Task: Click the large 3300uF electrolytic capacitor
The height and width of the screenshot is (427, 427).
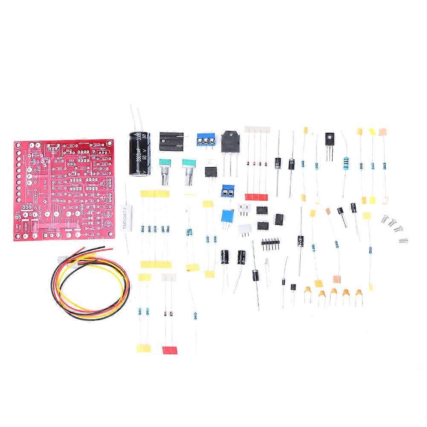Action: click(139, 153)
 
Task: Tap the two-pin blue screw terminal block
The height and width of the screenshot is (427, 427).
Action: click(229, 192)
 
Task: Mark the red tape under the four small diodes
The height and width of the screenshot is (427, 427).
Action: click(256, 197)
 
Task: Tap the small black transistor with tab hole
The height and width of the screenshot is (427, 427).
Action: click(330, 139)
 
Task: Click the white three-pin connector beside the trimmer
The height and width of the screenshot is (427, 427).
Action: click(244, 210)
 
